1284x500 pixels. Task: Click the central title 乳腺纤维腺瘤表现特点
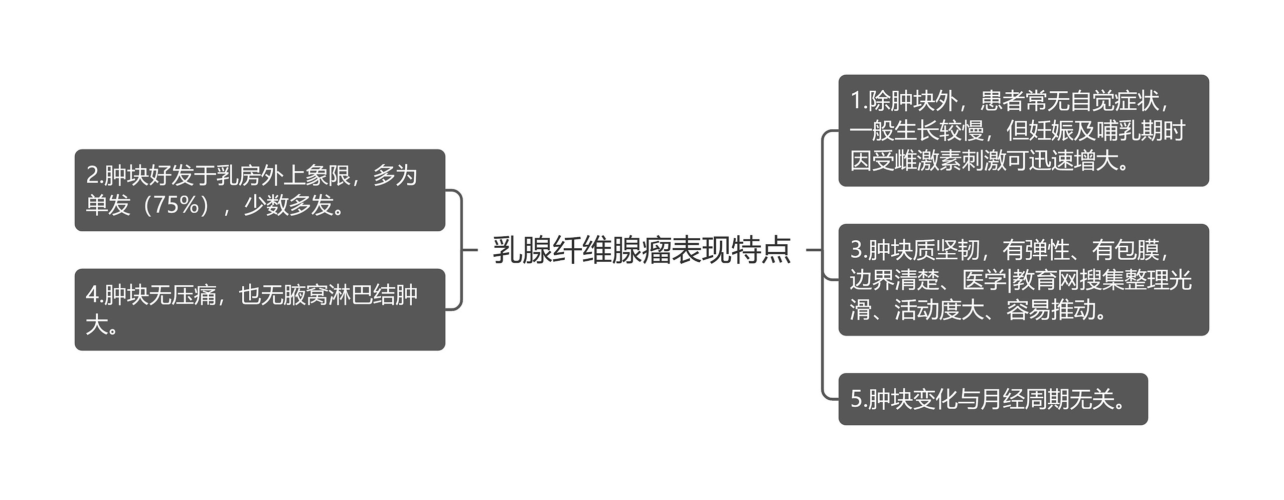[x=641, y=250]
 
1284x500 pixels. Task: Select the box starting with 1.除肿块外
[x=1023, y=130]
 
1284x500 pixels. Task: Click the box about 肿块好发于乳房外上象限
[x=260, y=190]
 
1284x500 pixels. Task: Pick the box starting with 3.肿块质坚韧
[x=1023, y=279]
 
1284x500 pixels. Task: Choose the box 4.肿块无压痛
[x=260, y=309]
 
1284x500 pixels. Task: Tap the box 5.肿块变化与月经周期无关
[x=993, y=399]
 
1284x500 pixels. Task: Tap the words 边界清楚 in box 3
[x=894, y=280]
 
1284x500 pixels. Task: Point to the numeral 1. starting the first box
[x=859, y=101]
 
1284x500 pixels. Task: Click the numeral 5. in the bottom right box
[x=859, y=400]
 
